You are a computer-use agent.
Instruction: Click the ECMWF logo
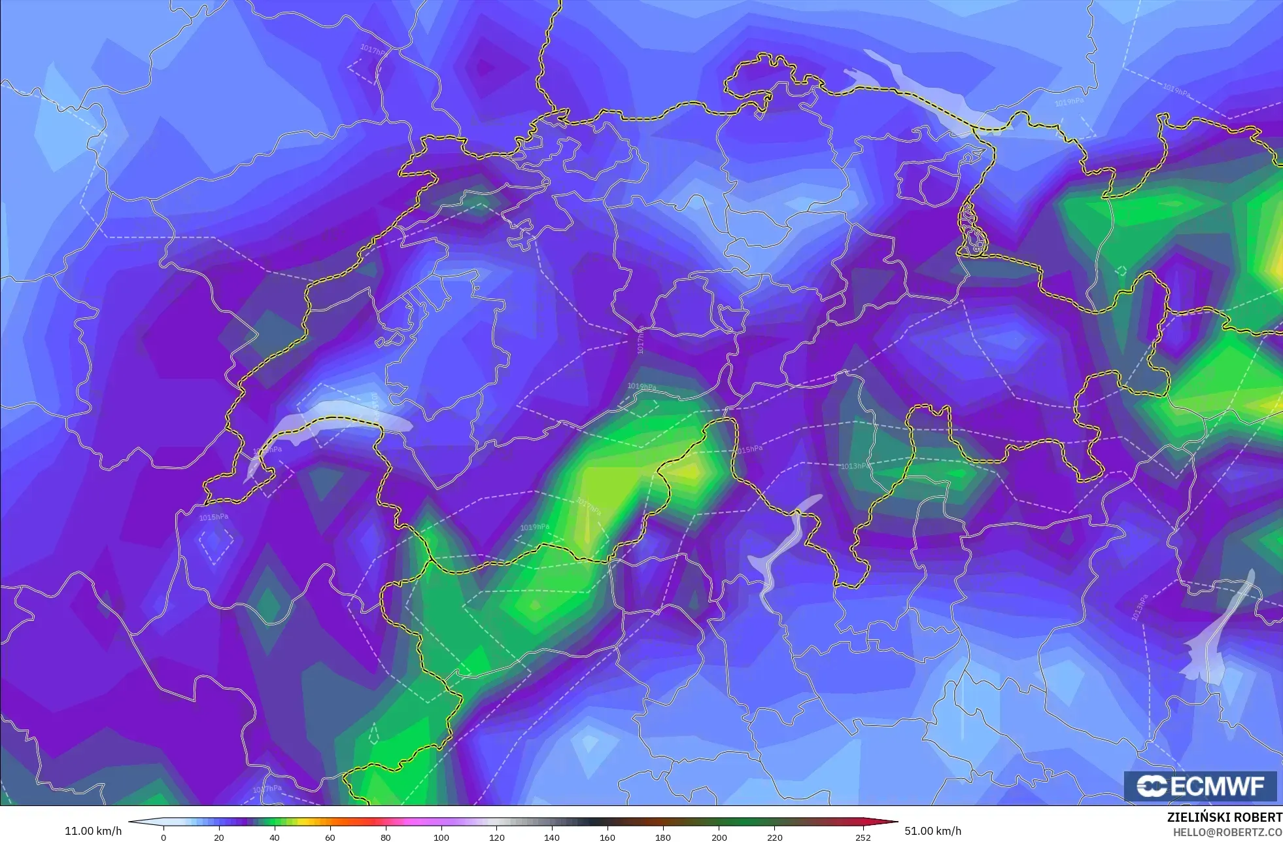point(1200,786)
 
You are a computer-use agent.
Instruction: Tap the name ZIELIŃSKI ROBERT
point(1224,817)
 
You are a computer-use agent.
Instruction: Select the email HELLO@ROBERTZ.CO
point(1227,832)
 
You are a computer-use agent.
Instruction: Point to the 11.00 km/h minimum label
point(93,831)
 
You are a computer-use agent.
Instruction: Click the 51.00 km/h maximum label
point(932,831)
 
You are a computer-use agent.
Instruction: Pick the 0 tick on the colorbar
point(163,837)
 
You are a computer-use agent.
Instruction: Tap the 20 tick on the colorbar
point(219,837)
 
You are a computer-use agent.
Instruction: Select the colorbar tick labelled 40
point(275,837)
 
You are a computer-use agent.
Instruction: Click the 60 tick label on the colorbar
point(330,837)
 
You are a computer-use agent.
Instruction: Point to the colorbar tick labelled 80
point(386,837)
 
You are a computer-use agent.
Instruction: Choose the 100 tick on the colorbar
point(441,837)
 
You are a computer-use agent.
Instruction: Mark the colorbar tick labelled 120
point(497,837)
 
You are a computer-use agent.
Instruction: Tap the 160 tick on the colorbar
point(607,837)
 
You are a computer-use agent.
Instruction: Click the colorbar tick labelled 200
point(719,837)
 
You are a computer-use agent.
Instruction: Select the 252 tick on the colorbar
point(863,837)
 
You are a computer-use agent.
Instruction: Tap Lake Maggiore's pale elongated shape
point(781,550)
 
